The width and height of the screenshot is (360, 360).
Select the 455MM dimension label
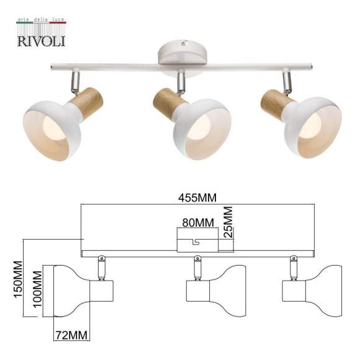pos(197,199)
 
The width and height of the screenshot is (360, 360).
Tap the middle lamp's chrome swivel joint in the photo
pos(181,81)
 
